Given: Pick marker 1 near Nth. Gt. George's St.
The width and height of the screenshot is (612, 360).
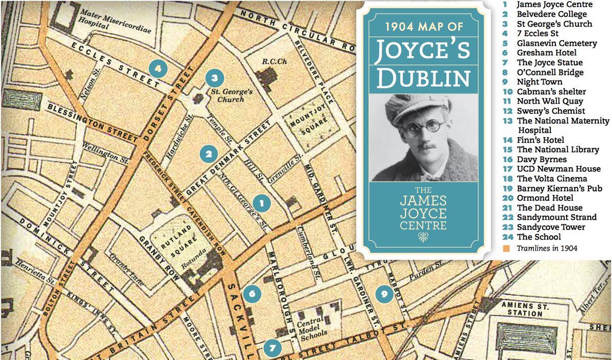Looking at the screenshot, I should pos(262,203).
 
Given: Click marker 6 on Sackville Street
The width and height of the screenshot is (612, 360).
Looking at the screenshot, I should pos(252,293).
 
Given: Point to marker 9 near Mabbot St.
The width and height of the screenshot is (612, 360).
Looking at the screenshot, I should pos(384,293).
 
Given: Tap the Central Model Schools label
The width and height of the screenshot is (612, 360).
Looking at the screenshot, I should pos(318,328).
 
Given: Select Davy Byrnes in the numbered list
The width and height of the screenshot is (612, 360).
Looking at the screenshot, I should pos(541,159).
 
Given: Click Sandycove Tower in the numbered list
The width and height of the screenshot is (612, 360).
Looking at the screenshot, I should pos(551,227).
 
